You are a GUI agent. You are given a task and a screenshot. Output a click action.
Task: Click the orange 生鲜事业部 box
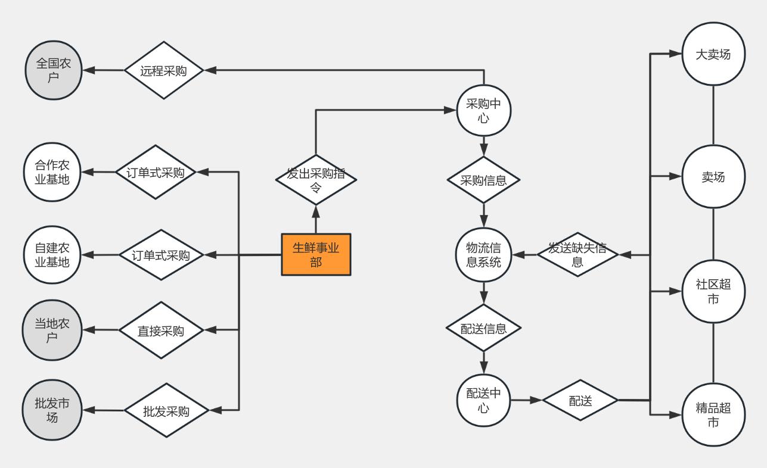(x=316, y=254)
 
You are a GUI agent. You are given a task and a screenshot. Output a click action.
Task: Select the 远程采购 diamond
(x=164, y=70)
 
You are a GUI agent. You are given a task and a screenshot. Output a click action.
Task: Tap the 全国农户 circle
(x=54, y=70)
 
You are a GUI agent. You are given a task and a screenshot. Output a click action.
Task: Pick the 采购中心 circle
(x=484, y=111)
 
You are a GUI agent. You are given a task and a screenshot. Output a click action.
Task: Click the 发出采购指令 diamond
(x=316, y=180)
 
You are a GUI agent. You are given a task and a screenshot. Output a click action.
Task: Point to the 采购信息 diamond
(x=483, y=180)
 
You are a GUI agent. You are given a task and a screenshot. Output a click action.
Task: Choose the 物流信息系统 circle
(x=483, y=255)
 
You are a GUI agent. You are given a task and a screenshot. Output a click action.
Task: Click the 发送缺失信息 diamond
(x=577, y=254)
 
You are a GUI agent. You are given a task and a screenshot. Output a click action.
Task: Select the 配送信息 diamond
(x=483, y=327)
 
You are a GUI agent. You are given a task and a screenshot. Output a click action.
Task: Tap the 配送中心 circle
(x=483, y=400)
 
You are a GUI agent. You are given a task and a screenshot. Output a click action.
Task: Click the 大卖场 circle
(x=713, y=54)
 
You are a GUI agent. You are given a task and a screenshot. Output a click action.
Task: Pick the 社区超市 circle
(x=713, y=292)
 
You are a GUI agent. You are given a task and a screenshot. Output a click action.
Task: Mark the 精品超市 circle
(x=713, y=415)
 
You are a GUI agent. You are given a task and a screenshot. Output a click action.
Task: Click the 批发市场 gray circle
(x=52, y=410)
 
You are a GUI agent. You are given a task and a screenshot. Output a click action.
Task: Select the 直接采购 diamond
(x=161, y=330)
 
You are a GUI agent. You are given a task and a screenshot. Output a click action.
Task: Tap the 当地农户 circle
(x=52, y=330)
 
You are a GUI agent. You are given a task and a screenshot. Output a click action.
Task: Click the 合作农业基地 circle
(x=52, y=172)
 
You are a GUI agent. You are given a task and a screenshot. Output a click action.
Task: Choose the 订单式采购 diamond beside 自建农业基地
(x=161, y=255)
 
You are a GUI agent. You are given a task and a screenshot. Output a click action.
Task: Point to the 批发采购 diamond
(x=166, y=410)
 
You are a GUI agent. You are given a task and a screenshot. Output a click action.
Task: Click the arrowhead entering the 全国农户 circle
(x=89, y=70)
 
